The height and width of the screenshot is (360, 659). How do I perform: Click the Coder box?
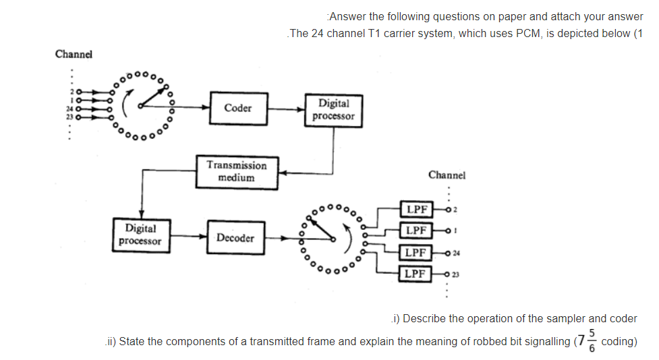[x=238, y=108]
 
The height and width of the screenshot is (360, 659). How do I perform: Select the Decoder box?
[x=235, y=238]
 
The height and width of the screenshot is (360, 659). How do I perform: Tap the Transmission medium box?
[x=236, y=172]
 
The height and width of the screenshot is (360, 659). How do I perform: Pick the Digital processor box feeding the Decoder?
[x=140, y=235]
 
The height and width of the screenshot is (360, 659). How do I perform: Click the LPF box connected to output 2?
[x=417, y=209]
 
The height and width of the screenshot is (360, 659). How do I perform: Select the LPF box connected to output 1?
[x=417, y=231]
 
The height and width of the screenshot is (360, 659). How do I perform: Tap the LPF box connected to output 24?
[x=417, y=252]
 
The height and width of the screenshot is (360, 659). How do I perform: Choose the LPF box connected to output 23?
[x=417, y=274]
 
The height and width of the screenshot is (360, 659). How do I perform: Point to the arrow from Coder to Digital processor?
[x=286, y=108]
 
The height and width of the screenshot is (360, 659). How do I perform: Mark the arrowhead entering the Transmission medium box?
[x=283, y=173]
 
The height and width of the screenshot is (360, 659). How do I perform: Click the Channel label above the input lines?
[x=74, y=54]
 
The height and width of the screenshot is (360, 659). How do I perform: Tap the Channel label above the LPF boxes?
[x=447, y=175]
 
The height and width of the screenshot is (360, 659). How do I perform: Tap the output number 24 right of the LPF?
[x=457, y=253]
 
